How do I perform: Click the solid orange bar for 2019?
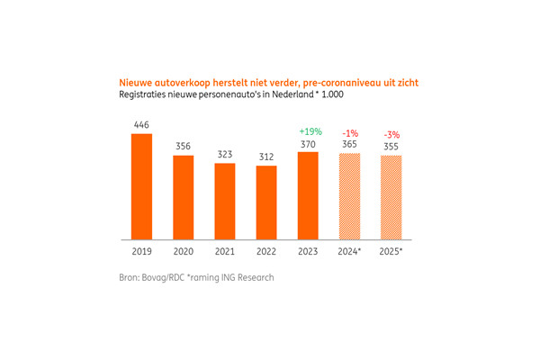coord(142,187)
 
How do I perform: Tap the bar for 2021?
coord(225,202)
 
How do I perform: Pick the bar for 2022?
coord(266,203)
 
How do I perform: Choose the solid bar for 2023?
coord(309,196)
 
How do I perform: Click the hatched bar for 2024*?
coord(349,197)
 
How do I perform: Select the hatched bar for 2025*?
coord(391,198)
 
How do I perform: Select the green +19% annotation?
coord(309,131)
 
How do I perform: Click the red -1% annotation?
coord(349,133)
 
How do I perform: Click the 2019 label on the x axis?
coord(142,254)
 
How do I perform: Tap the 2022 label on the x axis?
coord(266,254)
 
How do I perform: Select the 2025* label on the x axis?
coord(392,254)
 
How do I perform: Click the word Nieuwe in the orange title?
coord(136,82)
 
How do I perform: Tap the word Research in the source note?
coord(255,277)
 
